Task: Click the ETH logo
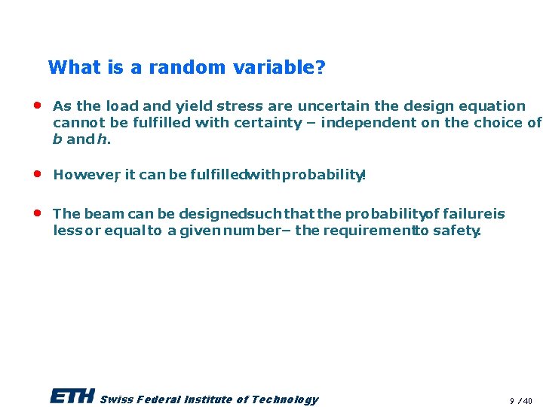click(72, 396)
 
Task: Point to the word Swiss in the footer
click(114, 399)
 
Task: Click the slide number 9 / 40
click(520, 400)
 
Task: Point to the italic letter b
click(57, 139)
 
